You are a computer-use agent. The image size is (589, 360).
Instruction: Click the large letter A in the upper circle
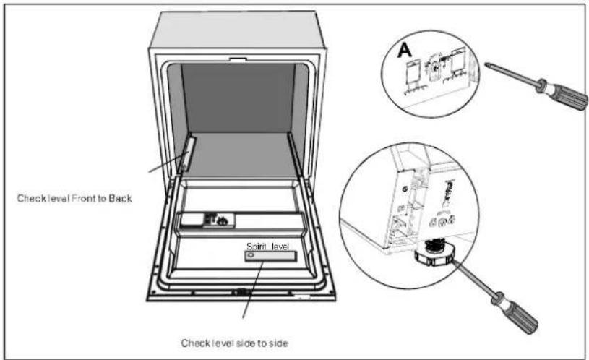click(x=404, y=50)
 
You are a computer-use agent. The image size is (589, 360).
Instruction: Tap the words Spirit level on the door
click(x=267, y=247)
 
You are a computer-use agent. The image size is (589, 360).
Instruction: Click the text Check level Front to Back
click(x=74, y=198)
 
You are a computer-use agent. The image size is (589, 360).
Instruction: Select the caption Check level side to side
click(x=235, y=343)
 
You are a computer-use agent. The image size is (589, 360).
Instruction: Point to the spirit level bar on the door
click(x=270, y=257)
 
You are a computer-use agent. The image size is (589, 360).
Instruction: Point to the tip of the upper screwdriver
click(x=486, y=64)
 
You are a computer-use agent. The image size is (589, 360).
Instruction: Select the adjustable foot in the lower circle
click(x=434, y=254)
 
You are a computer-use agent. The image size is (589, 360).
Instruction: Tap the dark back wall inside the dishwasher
click(x=238, y=98)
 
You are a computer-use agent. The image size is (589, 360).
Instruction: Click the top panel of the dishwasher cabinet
click(x=237, y=30)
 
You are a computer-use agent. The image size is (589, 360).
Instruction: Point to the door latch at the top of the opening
click(x=238, y=59)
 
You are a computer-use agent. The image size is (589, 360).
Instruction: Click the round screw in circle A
click(x=435, y=68)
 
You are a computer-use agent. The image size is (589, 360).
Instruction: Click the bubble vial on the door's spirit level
click(x=251, y=255)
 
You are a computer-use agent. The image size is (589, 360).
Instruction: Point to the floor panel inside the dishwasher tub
click(x=241, y=155)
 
